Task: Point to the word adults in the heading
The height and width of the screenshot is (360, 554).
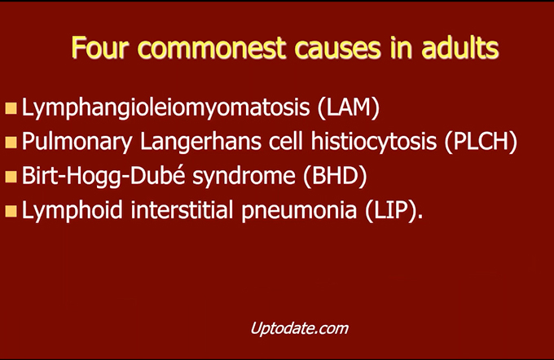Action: click(x=460, y=47)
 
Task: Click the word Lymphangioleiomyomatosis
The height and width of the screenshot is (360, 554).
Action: click(x=165, y=108)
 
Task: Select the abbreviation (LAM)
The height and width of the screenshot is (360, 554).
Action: click(x=349, y=107)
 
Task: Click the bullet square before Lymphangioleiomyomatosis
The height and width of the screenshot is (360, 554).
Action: click(x=11, y=108)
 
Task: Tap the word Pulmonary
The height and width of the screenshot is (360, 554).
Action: click(x=77, y=142)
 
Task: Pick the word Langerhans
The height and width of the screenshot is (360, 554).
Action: click(x=200, y=142)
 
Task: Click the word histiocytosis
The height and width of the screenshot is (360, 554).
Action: click(x=374, y=142)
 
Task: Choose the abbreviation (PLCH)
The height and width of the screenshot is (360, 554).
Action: click(x=481, y=142)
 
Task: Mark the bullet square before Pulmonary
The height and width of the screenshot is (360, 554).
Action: click(x=11, y=143)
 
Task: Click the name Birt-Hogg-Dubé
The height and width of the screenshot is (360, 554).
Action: click(x=103, y=176)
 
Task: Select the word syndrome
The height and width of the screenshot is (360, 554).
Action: click(x=244, y=176)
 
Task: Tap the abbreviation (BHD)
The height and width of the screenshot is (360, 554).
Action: click(x=335, y=176)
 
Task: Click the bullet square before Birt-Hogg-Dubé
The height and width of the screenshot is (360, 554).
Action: click(x=11, y=176)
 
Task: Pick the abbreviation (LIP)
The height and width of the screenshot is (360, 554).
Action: click(x=394, y=209)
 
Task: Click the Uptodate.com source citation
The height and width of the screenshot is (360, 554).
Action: click(x=300, y=328)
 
